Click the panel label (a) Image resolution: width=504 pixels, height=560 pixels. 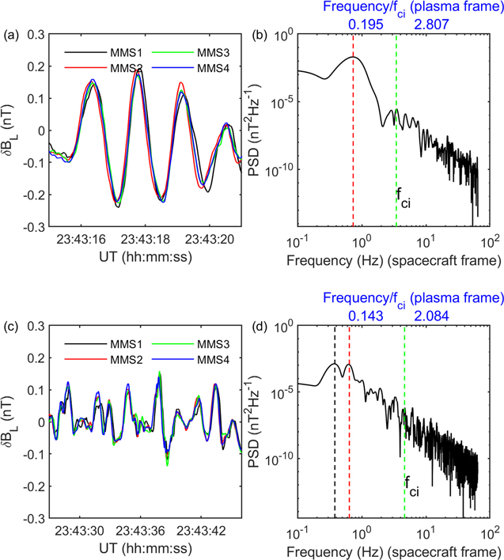[x=10, y=35]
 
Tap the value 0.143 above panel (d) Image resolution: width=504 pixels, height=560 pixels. [x=366, y=315]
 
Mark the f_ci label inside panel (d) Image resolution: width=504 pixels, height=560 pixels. [x=412, y=490]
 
